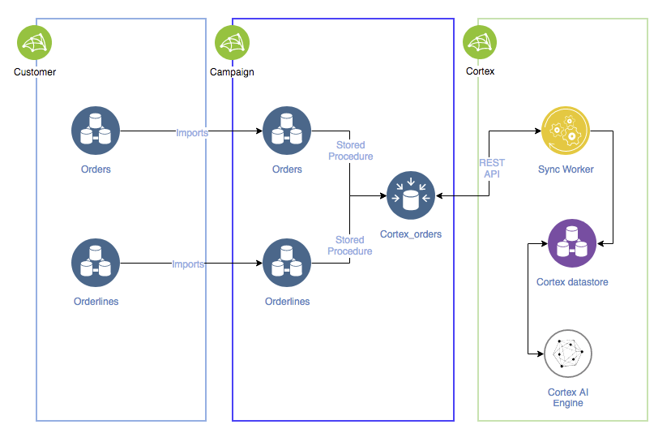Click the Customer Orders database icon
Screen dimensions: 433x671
coord(96,131)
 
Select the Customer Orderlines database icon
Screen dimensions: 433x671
coord(96,264)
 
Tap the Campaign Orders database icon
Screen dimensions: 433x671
coord(287,131)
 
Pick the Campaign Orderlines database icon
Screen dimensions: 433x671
coord(287,264)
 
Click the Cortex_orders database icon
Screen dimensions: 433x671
coord(411,195)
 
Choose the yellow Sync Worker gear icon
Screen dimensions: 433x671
coord(566,131)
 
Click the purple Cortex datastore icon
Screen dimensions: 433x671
coord(572,243)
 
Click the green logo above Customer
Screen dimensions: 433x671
coord(35,42)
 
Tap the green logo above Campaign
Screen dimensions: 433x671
coord(232,42)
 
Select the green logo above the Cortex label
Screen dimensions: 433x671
coord(480,42)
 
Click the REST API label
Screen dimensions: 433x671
coord(492,168)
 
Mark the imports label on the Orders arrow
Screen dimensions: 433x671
coord(192,131)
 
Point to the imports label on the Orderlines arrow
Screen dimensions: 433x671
coord(188,264)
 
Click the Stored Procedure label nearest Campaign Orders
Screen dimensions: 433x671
coord(350,151)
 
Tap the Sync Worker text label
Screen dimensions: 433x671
coord(566,169)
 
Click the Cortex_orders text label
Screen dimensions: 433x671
coord(411,234)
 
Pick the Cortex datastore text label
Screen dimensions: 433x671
coord(572,282)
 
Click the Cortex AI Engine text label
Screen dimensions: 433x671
coord(567,397)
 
